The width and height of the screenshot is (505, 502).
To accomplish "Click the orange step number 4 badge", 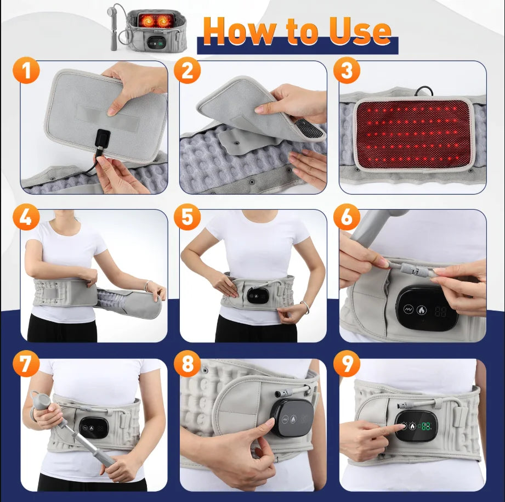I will tap(27, 218).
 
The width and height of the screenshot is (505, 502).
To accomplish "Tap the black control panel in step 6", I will tap(427, 308).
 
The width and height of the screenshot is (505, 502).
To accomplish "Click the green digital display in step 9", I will tap(426, 426).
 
